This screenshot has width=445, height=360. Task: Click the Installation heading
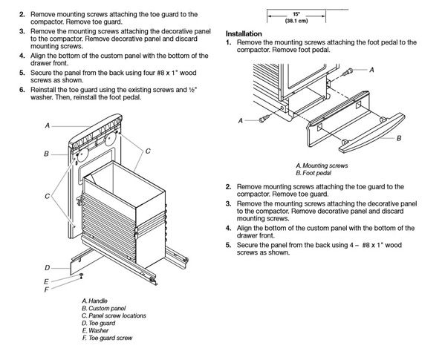click(x=244, y=33)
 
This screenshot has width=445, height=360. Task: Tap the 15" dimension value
click(x=296, y=14)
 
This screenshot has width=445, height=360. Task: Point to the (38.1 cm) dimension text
click(x=296, y=21)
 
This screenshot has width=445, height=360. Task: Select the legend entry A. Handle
click(x=94, y=301)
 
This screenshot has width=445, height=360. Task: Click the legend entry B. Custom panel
click(x=103, y=308)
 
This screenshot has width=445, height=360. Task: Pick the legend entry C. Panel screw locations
click(x=114, y=315)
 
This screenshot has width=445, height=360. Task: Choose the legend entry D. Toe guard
click(x=99, y=323)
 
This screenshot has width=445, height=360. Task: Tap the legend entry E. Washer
click(x=95, y=330)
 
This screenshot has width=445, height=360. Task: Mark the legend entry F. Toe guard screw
click(x=107, y=338)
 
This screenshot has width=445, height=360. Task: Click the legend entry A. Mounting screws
click(x=322, y=166)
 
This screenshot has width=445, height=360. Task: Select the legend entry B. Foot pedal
click(x=314, y=173)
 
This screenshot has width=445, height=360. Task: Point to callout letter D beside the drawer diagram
click(x=47, y=268)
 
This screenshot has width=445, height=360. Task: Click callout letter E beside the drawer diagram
click(x=46, y=282)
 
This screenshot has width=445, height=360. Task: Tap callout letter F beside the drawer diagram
click(x=46, y=289)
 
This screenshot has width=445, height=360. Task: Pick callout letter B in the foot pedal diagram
click(x=399, y=138)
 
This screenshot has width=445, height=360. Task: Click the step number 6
click(x=22, y=90)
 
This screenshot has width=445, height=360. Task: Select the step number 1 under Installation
click(x=228, y=42)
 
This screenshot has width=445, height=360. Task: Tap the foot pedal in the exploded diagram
click(x=371, y=133)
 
